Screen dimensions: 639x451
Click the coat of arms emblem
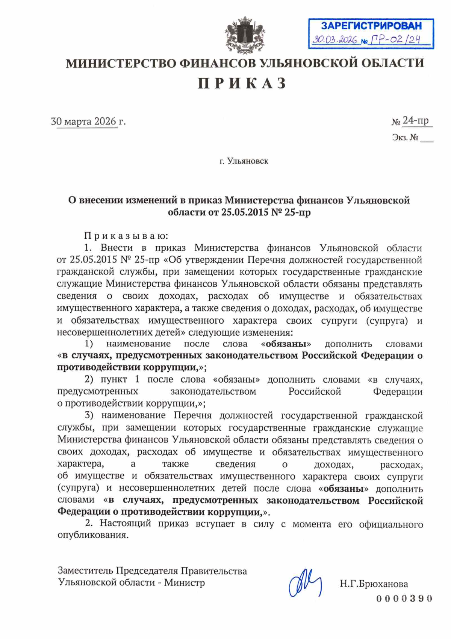[245, 35]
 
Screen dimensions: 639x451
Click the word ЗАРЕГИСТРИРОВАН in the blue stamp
[371, 26]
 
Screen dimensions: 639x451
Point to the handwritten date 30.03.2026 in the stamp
[335, 40]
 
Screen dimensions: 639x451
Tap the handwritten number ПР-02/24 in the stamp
[395, 39]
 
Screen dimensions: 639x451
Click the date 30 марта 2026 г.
[88, 121]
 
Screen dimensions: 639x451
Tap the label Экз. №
[405, 138]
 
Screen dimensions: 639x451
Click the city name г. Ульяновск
[244, 161]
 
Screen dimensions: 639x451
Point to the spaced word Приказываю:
[126, 236]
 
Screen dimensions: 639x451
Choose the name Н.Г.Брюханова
[374, 584]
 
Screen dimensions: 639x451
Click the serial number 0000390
[404, 598]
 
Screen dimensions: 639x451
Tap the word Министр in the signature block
[185, 583]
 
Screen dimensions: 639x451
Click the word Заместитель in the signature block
[85, 571]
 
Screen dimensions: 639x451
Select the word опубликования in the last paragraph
[93, 535]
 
